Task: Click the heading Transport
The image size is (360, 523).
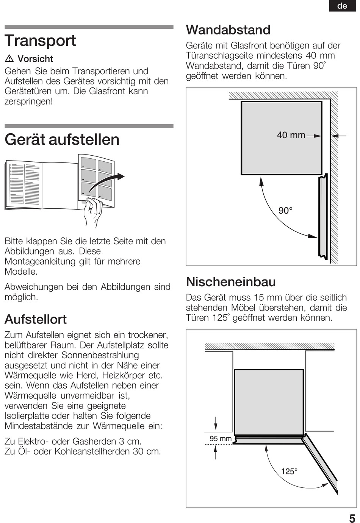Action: click(40, 41)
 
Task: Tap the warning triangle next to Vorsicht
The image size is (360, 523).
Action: click(9, 59)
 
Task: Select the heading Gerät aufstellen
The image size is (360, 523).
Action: click(62, 139)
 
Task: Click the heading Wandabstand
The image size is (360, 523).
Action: click(228, 30)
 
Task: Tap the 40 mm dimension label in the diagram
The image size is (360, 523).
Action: click(291, 135)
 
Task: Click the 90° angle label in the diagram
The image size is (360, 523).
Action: click(285, 211)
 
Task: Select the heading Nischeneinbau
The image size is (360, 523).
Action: click(231, 282)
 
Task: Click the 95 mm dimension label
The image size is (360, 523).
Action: click(221, 439)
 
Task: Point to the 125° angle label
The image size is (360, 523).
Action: click(289, 471)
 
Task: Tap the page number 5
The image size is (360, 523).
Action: click(352, 518)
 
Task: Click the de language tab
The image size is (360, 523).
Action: click(342, 6)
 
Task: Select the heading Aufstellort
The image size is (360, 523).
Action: click(36, 319)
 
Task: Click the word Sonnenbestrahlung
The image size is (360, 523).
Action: click(100, 355)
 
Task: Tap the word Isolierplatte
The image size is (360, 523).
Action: click(27, 416)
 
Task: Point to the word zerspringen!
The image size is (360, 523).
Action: click(29, 101)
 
